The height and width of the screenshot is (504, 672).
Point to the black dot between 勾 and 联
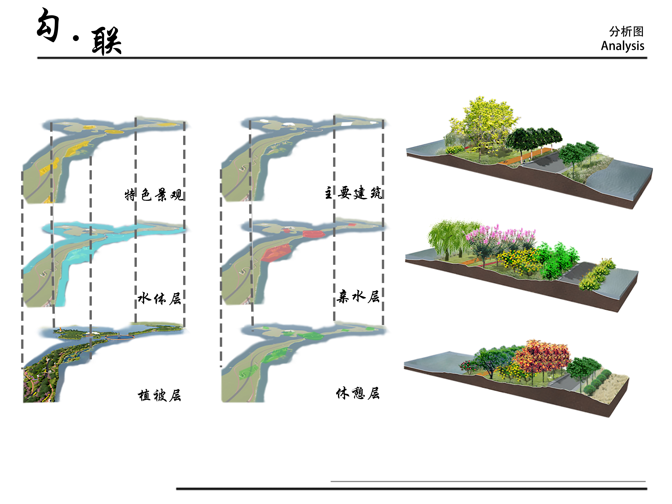point(76,38)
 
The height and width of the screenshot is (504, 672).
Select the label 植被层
point(159,395)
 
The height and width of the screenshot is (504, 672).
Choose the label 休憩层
point(358,393)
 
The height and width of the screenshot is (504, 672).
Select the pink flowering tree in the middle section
point(498,240)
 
